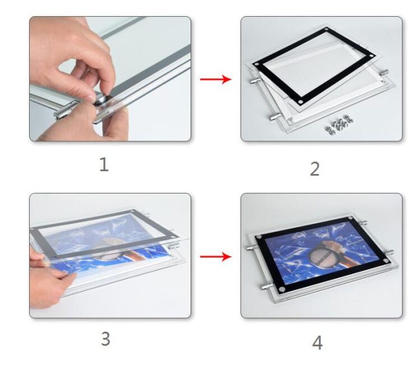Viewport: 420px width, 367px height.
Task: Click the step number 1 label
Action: coord(103,164)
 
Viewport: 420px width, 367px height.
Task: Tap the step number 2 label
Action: coord(315,168)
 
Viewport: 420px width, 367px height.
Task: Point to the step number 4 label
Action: coord(317,342)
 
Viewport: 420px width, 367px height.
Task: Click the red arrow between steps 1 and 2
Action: coord(215,79)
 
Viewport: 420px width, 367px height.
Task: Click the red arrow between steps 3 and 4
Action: coord(215,257)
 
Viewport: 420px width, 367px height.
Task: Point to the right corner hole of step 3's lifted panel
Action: coord(175,234)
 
